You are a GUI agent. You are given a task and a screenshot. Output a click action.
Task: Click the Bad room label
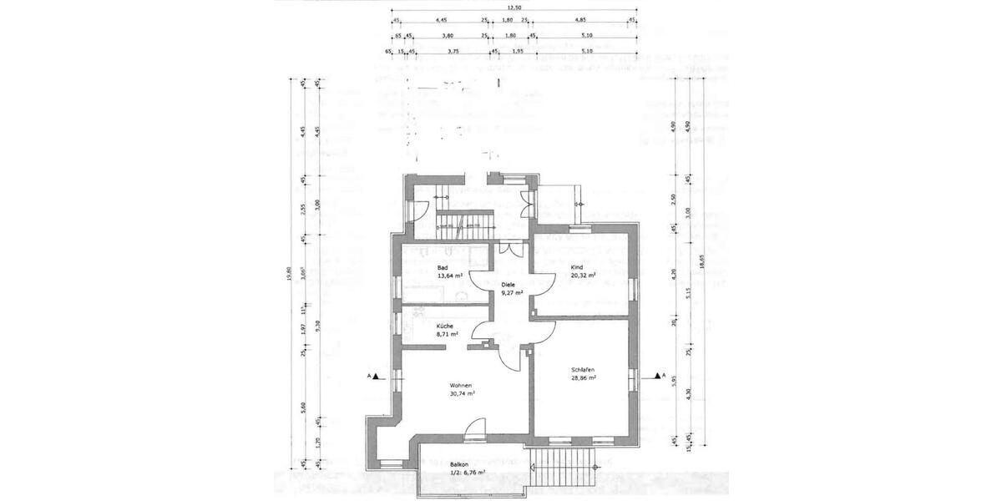[x=443, y=268]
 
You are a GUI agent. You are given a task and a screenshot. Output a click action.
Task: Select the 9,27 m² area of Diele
[x=512, y=293]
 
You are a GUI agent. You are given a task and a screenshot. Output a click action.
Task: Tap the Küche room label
[x=444, y=325]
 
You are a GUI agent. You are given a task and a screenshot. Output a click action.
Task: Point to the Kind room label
[x=576, y=268]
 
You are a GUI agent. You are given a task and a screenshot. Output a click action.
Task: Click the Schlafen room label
[x=583, y=369]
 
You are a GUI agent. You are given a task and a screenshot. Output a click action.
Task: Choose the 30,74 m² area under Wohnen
[x=459, y=393]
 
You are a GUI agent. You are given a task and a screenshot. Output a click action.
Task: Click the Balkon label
[x=458, y=463]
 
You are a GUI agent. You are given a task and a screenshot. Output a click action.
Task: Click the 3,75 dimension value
[x=453, y=51]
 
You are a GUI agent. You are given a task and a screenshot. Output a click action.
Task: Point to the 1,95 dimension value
[x=517, y=51]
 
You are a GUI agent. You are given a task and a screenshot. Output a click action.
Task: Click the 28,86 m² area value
[x=583, y=377]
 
